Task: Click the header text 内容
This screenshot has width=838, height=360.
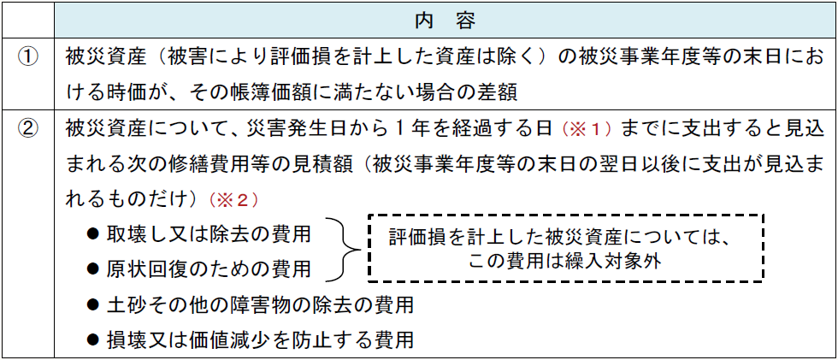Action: (444, 19)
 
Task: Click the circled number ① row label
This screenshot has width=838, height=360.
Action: (29, 57)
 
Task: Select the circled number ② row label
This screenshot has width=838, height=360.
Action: (29, 129)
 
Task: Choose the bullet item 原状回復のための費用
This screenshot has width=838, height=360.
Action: (209, 269)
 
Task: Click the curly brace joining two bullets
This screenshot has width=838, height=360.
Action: (341, 251)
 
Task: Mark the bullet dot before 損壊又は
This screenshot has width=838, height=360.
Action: (93, 339)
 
